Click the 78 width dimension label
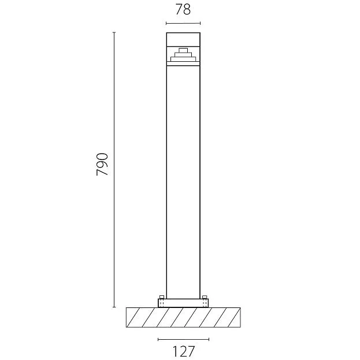click(183, 10)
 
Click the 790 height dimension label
click(102, 164)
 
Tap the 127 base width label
click(183, 351)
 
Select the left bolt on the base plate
click(162, 297)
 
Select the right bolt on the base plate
click(205, 297)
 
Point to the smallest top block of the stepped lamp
click(183, 50)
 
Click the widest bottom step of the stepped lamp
click(183, 60)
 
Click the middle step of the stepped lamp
click(183, 55)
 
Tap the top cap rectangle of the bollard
click(183, 40)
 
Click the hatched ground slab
click(183, 317)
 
